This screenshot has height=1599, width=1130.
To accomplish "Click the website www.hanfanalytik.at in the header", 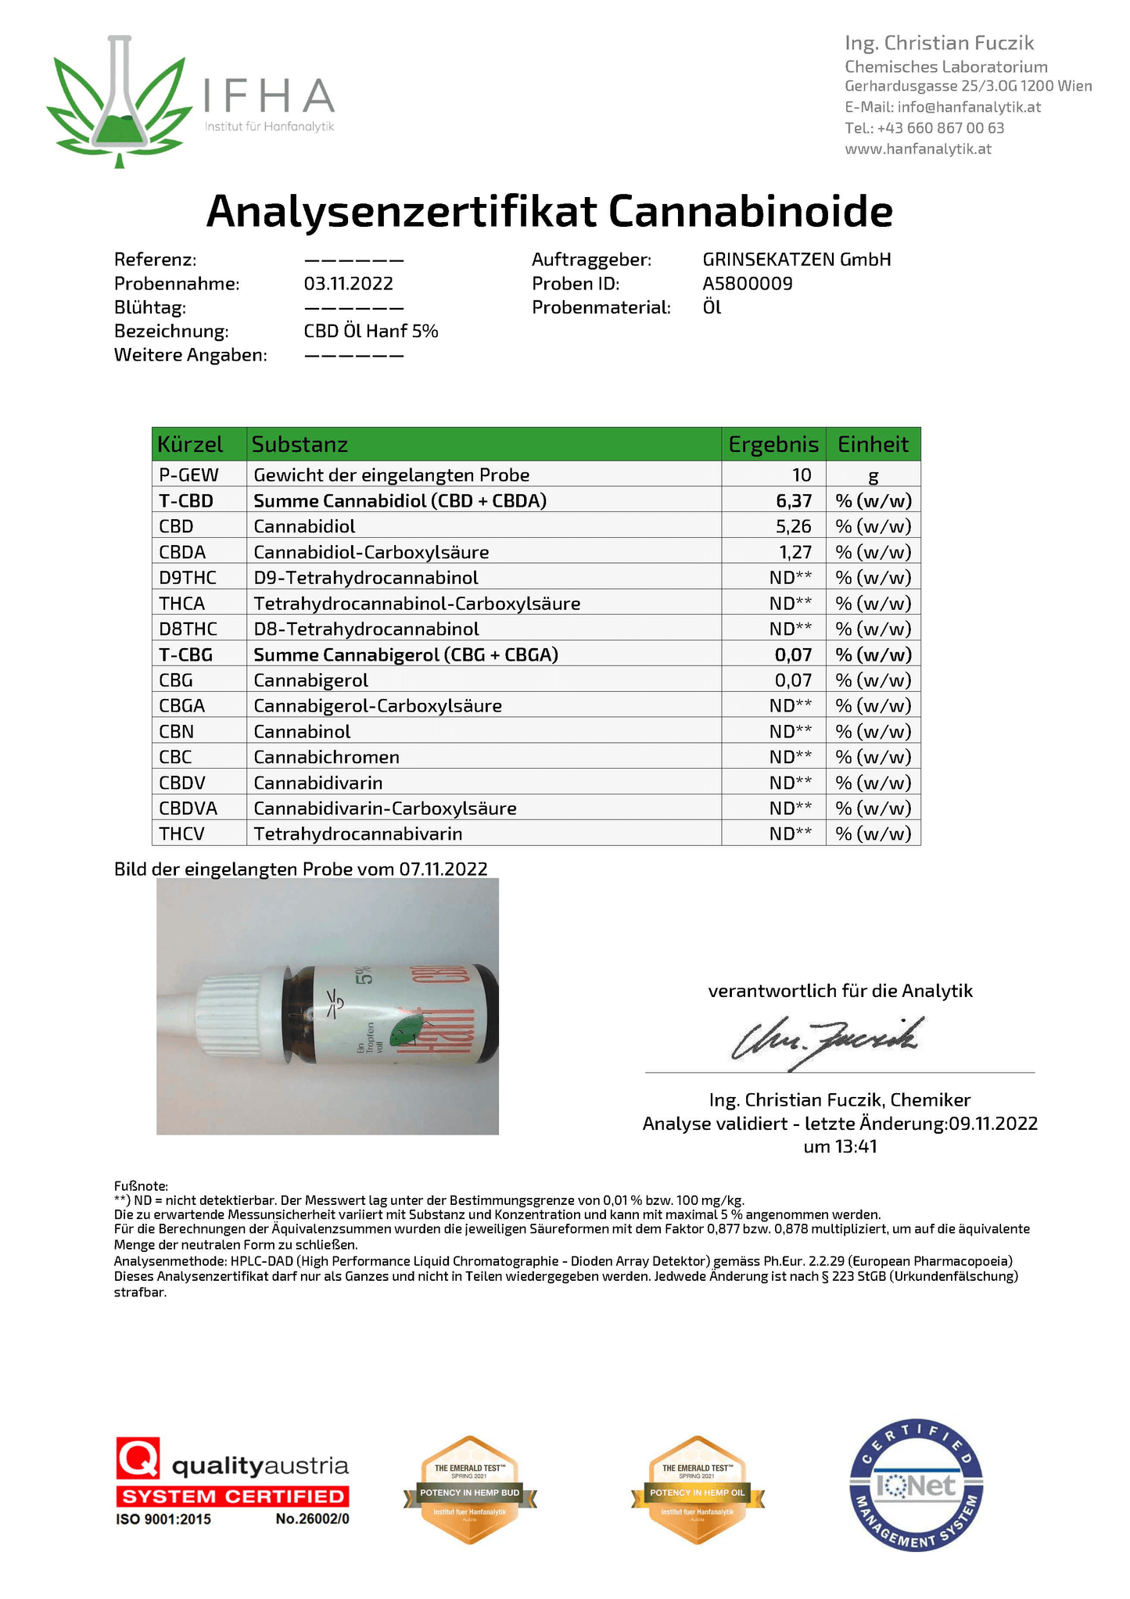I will (x=917, y=149).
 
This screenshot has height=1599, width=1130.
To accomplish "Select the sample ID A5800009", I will (x=747, y=284).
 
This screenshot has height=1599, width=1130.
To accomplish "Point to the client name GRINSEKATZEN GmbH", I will (x=796, y=260).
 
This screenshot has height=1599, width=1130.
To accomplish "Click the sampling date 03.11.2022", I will (x=348, y=284).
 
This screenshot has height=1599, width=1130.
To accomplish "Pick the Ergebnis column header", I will (x=773, y=445).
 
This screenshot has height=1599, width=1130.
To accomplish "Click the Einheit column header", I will (x=873, y=445).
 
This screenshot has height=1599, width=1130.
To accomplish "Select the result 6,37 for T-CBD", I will (x=794, y=500).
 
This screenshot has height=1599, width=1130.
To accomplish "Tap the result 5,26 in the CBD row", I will (x=794, y=526).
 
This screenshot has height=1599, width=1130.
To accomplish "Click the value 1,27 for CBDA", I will (x=795, y=552).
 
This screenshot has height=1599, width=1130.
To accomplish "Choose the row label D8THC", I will (x=188, y=629).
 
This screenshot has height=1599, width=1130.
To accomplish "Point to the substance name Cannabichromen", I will (x=326, y=757).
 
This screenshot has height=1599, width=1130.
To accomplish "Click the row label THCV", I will (x=181, y=834).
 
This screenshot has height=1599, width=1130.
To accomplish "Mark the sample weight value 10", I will (x=802, y=475).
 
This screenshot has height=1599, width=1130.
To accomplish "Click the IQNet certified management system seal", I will (x=916, y=1485).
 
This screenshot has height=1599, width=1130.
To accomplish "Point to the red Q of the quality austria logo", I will (x=138, y=1458).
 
